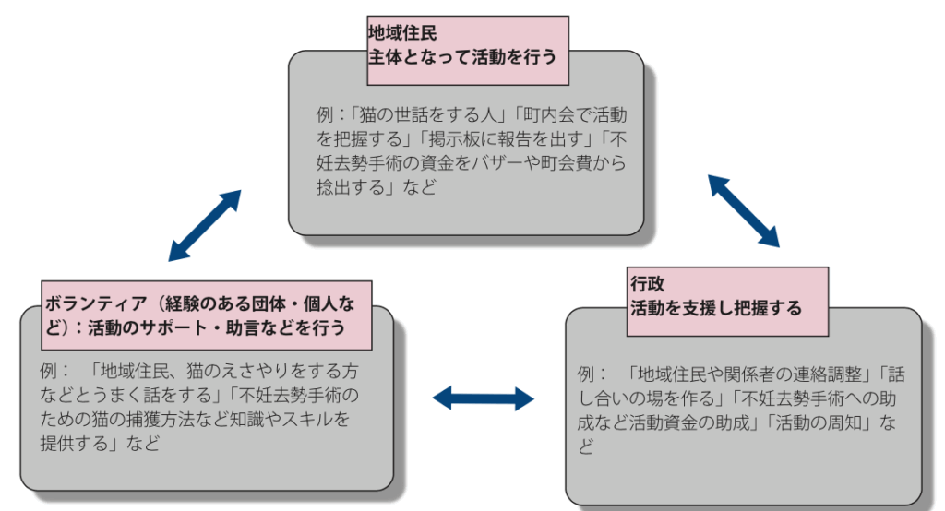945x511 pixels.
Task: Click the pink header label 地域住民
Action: (396, 31)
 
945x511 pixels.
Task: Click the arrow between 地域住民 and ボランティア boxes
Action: (205, 225)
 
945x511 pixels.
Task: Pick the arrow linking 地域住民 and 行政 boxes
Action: (744, 210)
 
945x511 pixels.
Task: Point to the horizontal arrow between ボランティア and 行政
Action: (484, 398)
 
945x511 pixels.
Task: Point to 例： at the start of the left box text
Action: (55, 372)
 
